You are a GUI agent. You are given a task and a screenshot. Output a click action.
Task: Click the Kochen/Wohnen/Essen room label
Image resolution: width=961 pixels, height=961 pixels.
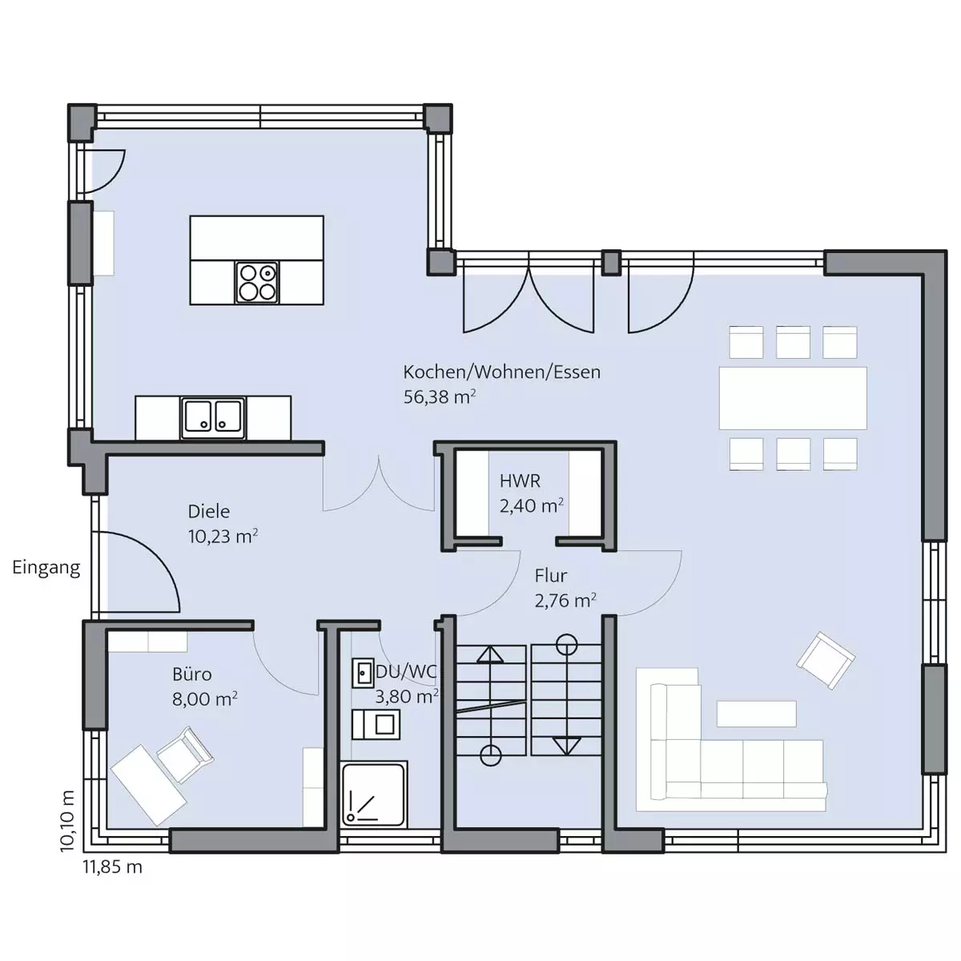(501, 372)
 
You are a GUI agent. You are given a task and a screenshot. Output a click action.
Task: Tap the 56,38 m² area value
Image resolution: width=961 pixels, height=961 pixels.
(440, 397)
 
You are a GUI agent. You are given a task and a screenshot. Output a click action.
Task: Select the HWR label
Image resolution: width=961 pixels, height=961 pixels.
(520, 481)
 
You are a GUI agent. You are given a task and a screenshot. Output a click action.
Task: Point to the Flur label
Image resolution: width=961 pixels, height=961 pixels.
(550, 576)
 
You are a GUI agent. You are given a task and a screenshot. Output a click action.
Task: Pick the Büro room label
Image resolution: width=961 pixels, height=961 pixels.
(192, 675)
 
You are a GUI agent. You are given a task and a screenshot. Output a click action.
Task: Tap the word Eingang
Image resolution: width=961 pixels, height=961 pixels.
(46, 568)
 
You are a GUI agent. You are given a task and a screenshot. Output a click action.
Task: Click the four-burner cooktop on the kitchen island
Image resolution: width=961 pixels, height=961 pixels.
(257, 283)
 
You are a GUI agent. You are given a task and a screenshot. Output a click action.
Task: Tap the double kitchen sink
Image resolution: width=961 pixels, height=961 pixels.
(213, 418)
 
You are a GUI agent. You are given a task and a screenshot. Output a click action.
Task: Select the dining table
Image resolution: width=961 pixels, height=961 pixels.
(793, 398)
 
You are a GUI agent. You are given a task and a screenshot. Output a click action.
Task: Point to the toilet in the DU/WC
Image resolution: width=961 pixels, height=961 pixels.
(376, 725)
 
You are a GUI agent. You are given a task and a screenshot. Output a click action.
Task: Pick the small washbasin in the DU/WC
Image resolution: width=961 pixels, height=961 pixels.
(363, 674)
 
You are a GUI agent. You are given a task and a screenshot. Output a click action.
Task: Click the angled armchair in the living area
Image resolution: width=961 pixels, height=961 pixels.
(826, 661)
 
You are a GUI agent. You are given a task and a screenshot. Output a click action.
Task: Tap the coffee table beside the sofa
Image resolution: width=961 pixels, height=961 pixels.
(756, 714)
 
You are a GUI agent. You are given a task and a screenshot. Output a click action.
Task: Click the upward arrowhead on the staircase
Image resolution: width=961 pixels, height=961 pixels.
(490, 654)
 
